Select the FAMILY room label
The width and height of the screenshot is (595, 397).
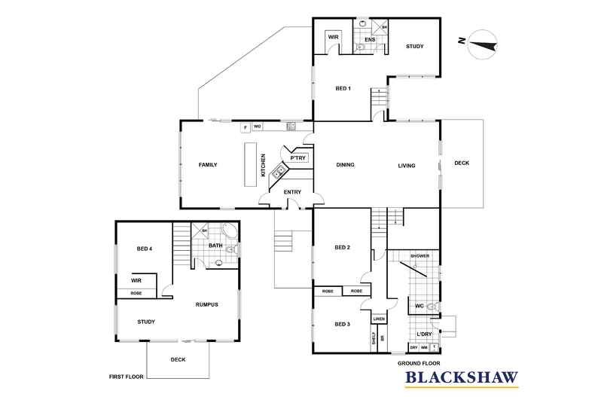click(x=208, y=164)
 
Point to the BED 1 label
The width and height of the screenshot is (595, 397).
click(x=343, y=89)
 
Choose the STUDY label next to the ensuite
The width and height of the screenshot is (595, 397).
click(x=415, y=47)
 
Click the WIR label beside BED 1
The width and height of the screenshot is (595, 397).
click(x=333, y=37)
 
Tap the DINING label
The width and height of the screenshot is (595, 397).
click(x=345, y=165)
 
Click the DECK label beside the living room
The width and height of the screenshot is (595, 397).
click(x=461, y=163)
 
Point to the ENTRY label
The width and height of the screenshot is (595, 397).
click(x=292, y=192)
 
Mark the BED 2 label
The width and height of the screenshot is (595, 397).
click(x=342, y=247)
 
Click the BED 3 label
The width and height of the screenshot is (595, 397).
click(x=342, y=323)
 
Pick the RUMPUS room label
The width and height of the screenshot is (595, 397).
click(x=206, y=304)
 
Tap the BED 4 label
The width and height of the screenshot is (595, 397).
click(x=145, y=249)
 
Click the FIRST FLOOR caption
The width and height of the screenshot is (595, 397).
click(x=126, y=374)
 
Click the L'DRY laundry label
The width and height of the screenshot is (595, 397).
click(x=423, y=333)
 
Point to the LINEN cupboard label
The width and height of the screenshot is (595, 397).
click(x=379, y=319)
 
